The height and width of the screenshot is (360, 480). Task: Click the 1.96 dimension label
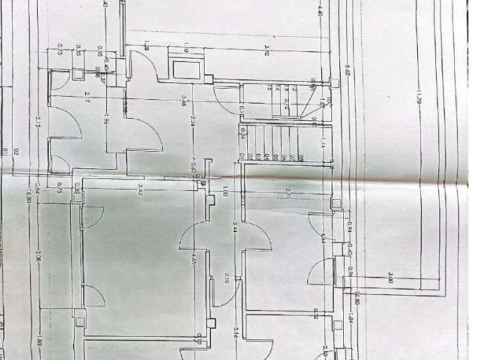106,119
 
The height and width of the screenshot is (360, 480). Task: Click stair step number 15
269,87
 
